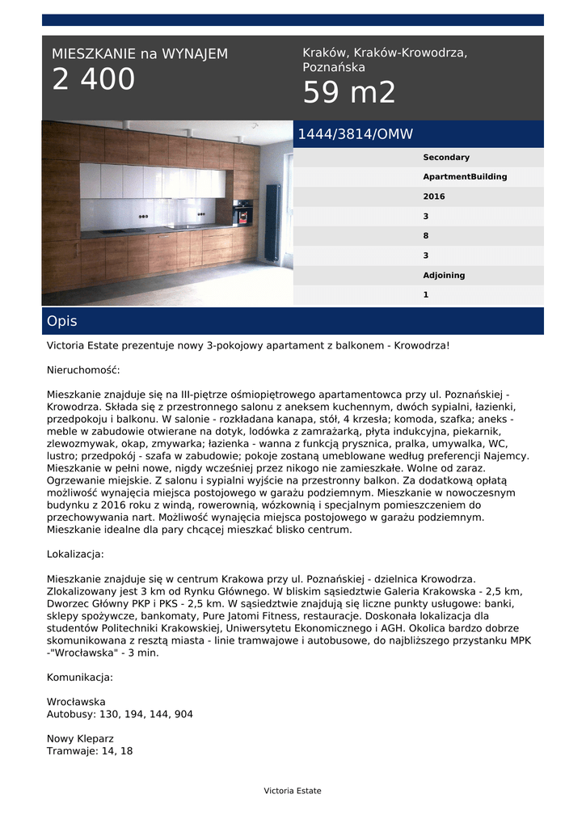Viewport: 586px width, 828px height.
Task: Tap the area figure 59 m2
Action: point(349,94)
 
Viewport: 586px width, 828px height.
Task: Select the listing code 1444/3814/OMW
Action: point(356,134)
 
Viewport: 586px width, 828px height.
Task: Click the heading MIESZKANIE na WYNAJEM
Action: point(140,54)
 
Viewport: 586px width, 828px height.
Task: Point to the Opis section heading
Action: point(62,321)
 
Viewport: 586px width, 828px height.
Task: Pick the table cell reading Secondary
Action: point(446,158)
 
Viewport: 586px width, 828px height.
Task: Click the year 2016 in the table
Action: point(434,196)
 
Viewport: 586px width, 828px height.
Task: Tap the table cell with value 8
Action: point(426,236)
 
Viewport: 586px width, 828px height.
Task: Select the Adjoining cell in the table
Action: point(444,276)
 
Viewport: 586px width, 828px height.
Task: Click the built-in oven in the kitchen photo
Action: point(242,213)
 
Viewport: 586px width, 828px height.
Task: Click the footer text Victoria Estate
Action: point(293,791)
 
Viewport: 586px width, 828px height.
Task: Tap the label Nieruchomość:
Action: point(83,370)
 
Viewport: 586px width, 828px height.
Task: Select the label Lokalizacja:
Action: point(75,555)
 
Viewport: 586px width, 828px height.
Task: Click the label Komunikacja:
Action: point(80,677)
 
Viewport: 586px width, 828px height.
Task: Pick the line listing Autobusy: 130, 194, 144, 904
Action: point(120,714)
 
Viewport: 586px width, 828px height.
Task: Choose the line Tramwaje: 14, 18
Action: point(90,751)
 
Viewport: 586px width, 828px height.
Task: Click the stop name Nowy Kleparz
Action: point(80,739)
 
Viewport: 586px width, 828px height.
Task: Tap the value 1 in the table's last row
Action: point(426,295)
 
